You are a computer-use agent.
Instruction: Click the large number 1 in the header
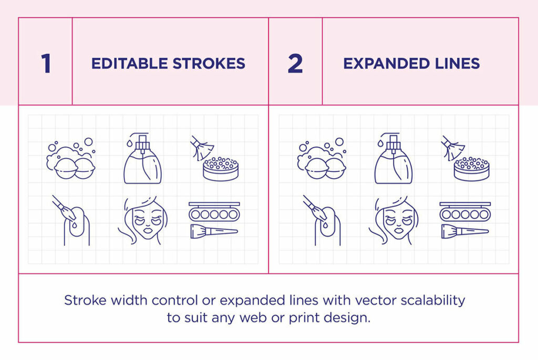point(46,64)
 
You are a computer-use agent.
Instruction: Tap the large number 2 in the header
point(295,64)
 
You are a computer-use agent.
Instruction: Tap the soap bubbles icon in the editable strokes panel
point(70,160)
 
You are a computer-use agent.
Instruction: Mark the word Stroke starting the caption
point(82,300)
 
